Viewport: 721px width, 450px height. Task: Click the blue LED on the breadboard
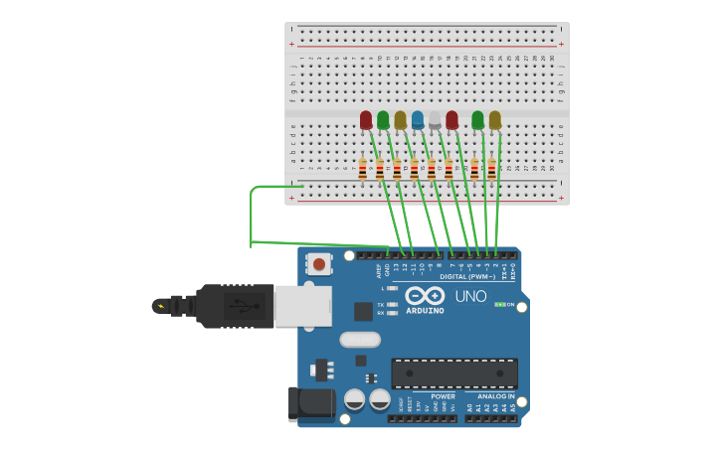coord(418,120)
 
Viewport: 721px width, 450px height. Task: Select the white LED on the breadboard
coord(435,120)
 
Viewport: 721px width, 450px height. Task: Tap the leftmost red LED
coord(366,120)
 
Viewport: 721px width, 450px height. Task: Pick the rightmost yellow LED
coord(494,120)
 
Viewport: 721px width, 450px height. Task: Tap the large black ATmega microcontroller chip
coord(453,374)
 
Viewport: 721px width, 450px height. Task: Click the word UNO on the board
coord(470,296)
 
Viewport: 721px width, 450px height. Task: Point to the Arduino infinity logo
coord(425,296)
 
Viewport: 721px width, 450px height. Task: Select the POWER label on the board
coord(443,395)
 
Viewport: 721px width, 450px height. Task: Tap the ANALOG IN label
coord(495,395)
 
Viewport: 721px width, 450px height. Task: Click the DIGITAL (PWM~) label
coord(465,277)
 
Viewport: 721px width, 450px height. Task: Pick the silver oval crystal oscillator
coord(359,340)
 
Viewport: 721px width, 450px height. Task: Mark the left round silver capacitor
coord(354,399)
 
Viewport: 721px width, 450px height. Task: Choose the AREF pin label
coord(379,269)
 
